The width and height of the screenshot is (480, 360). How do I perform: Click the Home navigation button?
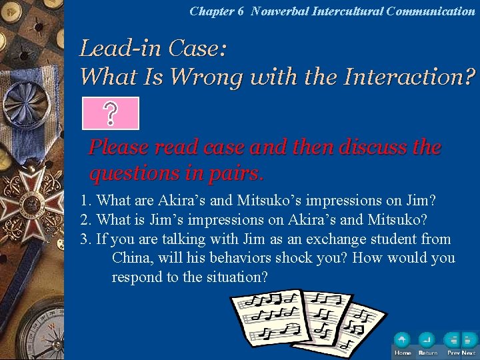tap(403, 342)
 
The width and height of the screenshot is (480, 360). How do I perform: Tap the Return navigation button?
tap(427, 342)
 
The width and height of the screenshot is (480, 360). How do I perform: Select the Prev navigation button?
tap(454, 342)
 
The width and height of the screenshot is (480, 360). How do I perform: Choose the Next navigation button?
tap(469, 342)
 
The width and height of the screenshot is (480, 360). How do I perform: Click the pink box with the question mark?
tap(111, 113)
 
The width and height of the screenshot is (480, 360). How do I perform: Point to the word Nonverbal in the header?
tap(279, 11)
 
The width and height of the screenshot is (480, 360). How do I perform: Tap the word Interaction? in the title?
tap(409, 77)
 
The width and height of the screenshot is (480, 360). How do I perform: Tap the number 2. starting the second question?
tap(85, 219)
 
